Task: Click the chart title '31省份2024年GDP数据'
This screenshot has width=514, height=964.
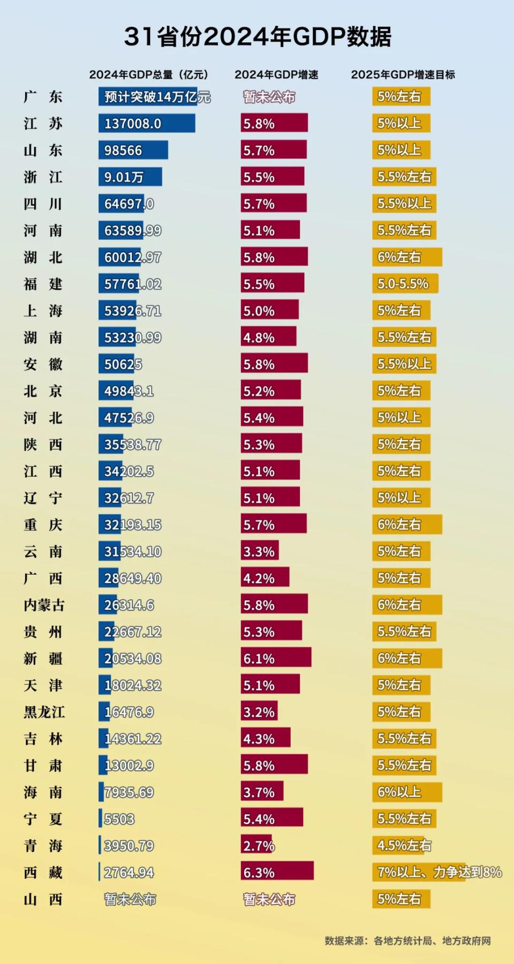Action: [258, 37]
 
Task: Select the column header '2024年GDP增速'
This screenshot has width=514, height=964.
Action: [276, 75]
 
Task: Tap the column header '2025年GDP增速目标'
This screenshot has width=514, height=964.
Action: [403, 75]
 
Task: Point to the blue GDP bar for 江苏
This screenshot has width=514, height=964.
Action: [146, 123]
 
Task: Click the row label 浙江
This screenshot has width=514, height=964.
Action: [43, 177]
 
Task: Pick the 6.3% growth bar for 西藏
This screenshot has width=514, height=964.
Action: [277, 872]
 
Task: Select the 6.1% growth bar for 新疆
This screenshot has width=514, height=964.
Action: [276, 658]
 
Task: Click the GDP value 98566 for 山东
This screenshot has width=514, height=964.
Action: [123, 150]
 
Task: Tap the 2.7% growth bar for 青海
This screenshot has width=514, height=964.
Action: [257, 846]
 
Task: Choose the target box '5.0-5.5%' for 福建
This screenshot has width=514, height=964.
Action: [405, 284]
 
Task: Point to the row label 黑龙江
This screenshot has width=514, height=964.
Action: [44, 712]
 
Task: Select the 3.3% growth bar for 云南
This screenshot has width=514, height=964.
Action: [260, 551]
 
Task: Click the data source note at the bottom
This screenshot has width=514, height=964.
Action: [407, 941]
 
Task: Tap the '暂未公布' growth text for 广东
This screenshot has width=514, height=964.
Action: [269, 97]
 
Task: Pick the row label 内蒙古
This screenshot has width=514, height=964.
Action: [44, 605]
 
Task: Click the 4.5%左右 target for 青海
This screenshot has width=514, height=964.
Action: [404, 846]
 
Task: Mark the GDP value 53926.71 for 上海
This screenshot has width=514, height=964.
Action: [132, 311]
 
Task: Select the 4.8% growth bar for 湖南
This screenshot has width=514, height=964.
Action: [268, 337]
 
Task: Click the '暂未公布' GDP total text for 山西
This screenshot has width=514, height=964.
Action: [130, 899]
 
